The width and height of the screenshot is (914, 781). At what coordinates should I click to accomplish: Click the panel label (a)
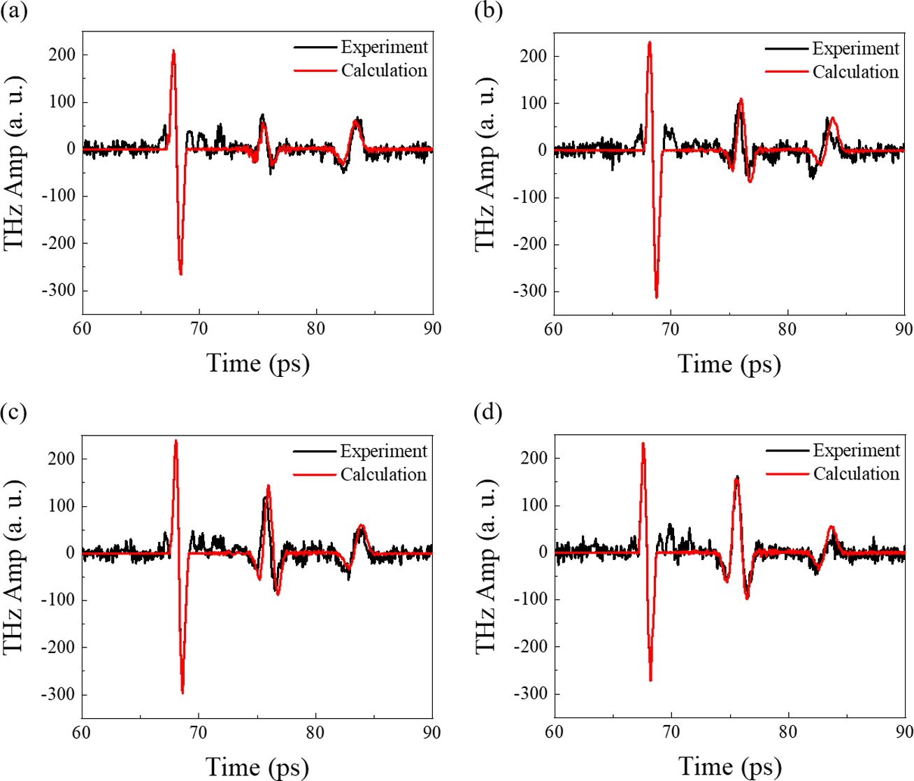[14, 12]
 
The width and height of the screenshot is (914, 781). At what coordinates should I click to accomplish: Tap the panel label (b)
[487, 12]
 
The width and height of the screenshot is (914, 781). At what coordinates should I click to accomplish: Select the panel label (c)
[14, 412]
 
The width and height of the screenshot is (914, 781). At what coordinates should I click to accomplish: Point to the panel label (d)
[487, 412]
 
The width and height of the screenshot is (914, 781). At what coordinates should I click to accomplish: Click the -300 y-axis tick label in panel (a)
[58, 291]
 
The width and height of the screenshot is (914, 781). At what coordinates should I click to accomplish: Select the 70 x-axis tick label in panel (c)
[199, 733]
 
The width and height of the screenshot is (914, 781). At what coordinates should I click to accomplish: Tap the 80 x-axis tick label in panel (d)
[788, 732]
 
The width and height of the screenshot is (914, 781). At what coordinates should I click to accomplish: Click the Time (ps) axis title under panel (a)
[257, 363]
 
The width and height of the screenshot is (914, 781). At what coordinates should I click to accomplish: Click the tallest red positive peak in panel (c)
[176, 441]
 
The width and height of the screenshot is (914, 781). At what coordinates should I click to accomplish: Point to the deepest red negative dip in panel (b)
[656, 296]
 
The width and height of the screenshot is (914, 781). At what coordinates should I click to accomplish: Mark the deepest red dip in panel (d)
[650, 679]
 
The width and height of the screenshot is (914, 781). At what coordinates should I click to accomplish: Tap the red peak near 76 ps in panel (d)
[736, 479]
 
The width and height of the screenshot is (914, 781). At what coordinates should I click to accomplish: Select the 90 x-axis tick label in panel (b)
[904, 328]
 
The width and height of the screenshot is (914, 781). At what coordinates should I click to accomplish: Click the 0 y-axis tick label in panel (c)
[71, 553]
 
